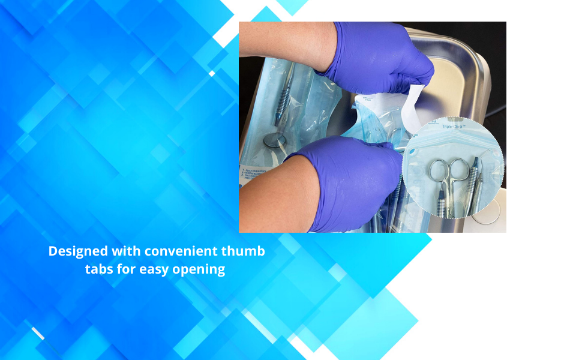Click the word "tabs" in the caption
click(98, 269)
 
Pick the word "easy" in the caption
click(154, 269)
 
